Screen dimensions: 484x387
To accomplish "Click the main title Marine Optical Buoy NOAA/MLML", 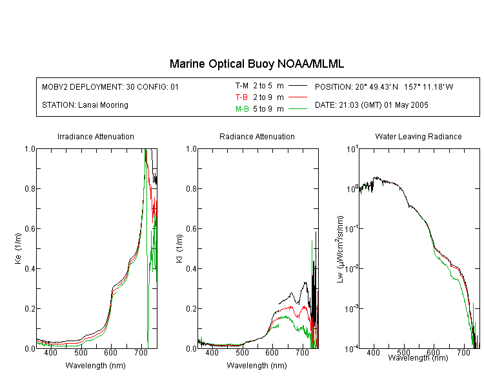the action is [x=256, y=64].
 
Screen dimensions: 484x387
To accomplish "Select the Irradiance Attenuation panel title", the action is [x=96, y=136].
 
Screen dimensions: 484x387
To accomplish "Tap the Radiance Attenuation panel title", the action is [x=257, y=136].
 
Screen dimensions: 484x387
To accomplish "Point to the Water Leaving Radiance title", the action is [x=418, y=136].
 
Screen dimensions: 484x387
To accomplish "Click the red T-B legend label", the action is [x=241, y=97].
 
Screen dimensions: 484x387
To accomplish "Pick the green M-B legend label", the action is [x=242, y=109].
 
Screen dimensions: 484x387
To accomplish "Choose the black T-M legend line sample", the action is [x=297, y=86].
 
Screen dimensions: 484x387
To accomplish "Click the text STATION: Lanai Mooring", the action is [x=85, y=105].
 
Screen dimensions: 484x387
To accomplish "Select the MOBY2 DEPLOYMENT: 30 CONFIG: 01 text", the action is [x=110, y=86].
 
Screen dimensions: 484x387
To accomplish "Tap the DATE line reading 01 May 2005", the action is [x=371, y=105].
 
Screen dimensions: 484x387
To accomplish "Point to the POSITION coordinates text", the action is [x=384, y=86].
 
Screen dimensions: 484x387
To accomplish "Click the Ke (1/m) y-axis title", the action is [x=18, y=248].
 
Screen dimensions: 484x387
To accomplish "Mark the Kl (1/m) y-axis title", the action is [x=179, y=248].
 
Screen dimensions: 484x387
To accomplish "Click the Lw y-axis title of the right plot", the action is [x=340, y=249].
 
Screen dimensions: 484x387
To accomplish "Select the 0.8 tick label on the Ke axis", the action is [x=30, y=188].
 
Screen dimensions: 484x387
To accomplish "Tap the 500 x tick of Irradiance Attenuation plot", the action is [x=81, y=352].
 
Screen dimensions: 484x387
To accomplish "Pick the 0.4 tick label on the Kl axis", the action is [x=191, y=269].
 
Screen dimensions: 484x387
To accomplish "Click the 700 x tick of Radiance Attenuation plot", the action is [x=303, y=352].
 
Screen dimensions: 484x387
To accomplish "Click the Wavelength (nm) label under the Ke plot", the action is [x=96, y=366].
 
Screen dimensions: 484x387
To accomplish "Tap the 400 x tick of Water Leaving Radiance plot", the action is [x=374, y=352].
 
